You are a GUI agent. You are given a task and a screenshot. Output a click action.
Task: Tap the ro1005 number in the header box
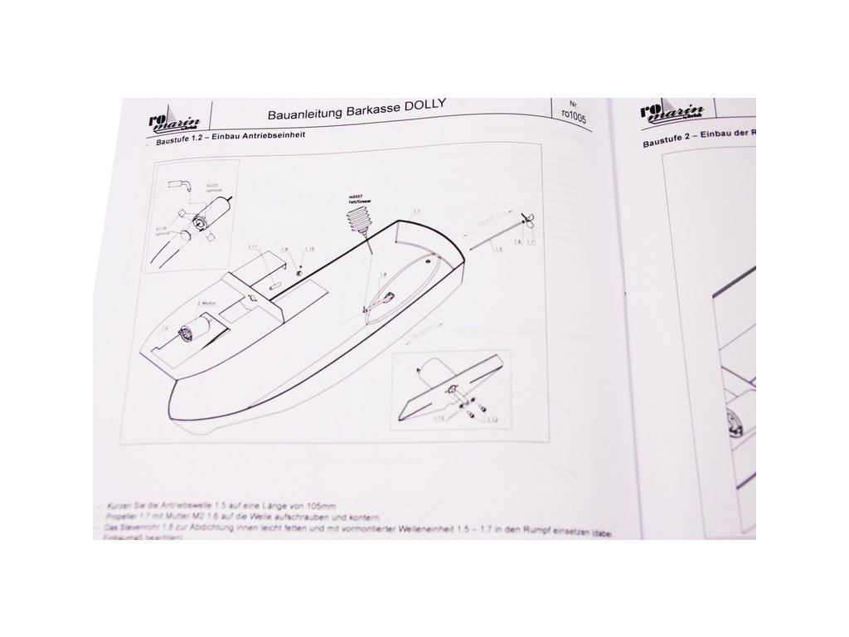[x=573, y=117]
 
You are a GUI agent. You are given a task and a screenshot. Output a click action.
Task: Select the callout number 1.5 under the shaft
[x=497, y=248]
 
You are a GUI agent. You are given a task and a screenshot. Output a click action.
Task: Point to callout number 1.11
[x=253, y=247]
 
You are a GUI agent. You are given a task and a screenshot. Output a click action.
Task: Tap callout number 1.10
[x=309, y=249]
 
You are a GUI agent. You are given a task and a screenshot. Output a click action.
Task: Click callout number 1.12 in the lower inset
[x=492, y=420]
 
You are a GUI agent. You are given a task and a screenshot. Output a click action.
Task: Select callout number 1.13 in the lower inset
[x=439, y=420]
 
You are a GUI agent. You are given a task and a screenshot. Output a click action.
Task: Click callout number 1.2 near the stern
[x=164, y=329]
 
